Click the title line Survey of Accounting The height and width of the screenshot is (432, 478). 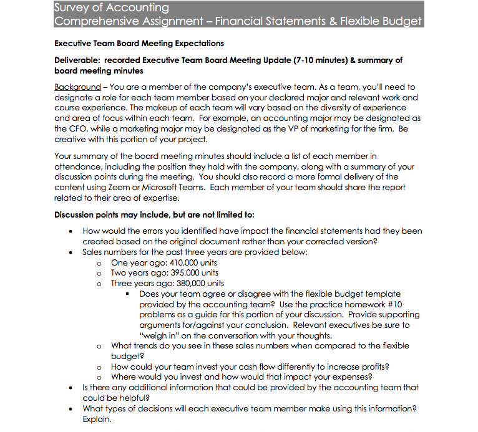click(111, 7)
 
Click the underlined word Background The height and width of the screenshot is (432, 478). click(77, 87)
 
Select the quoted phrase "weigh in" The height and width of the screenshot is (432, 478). click(160, 335)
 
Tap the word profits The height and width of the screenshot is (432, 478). click(373, 367)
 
